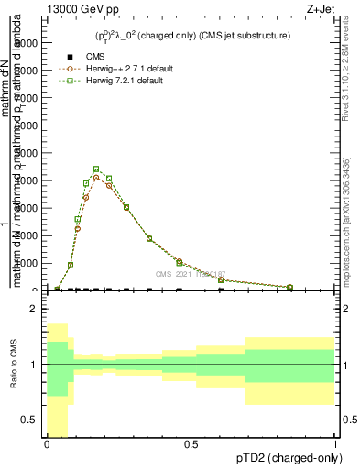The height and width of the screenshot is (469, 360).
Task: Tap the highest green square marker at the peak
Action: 96,169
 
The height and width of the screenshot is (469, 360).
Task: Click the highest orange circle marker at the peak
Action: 96,178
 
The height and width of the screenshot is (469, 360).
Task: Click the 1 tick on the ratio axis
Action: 35,365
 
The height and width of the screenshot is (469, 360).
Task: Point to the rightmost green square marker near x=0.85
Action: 290,288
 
